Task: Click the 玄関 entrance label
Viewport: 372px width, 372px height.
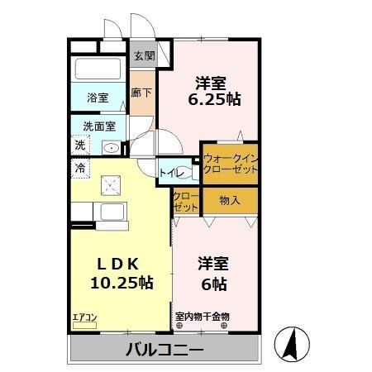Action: click(144, 57)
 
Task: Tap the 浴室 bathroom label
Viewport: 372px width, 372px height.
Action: click(97, 98)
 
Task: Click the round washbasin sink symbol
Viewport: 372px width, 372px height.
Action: click(110, 148)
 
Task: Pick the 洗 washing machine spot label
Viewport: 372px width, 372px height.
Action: click(80, 145)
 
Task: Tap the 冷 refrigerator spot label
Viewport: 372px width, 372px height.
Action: click(81, 169)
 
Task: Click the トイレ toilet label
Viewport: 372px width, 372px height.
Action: click(171, 173)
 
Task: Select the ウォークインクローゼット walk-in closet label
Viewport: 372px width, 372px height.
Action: click(230, 163)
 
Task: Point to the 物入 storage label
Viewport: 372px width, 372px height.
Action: click(230, 199)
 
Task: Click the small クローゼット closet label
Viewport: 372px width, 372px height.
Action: click(186, 201)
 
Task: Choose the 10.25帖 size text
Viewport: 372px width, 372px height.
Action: click(121, 283)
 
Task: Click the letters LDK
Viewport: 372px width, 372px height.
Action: click(122, 263)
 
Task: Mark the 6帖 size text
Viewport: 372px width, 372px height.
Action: click(213, 283)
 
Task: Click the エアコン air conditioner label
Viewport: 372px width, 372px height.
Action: click(83, 316)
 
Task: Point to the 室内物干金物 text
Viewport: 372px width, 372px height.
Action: click(203, 316)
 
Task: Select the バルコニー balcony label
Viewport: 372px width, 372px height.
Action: click(165, 350)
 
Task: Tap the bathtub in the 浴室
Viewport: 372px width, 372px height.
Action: click(98, 69)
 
